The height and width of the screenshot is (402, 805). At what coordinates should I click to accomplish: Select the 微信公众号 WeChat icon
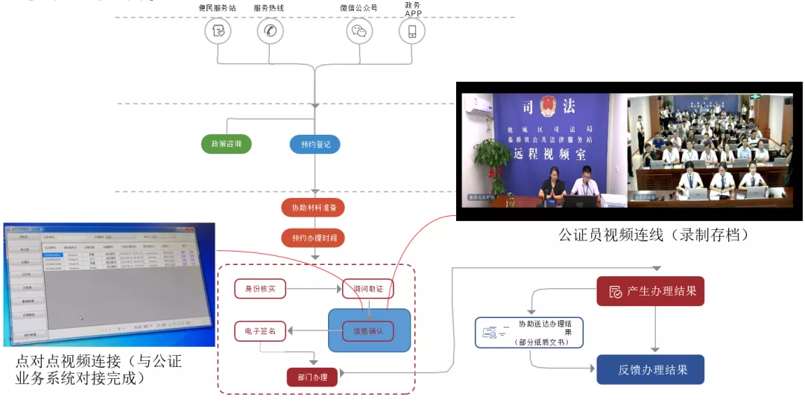coord(359,31)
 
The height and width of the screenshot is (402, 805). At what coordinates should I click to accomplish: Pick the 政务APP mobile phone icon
coord(411,31)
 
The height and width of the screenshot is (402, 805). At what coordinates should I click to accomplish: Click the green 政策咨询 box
coord(226,144)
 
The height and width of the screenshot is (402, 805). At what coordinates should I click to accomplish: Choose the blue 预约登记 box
coord(315,144)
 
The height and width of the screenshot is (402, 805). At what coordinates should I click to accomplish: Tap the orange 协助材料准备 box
coord(313,207)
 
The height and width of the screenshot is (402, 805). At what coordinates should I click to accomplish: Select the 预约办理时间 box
coord(313,238)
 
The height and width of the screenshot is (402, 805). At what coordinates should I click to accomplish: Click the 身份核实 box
coord(260,288)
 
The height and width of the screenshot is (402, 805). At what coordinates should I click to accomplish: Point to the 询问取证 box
coord(367,288)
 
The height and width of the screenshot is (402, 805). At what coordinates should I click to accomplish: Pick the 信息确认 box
coord(367,331)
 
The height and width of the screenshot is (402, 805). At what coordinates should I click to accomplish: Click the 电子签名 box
coord(260,331)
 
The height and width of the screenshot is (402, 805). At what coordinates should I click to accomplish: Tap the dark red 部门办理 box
coord(312,377)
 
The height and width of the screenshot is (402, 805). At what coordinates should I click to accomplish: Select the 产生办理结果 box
coord(650,291)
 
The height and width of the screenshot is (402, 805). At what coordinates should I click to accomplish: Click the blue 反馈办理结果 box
coord(650,369)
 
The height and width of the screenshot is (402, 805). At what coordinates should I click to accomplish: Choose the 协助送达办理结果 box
coord(529,332)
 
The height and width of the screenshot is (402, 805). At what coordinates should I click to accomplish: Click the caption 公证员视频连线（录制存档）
coord(653,234)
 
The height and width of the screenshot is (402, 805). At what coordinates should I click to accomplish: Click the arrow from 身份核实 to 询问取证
coord(314,288)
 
